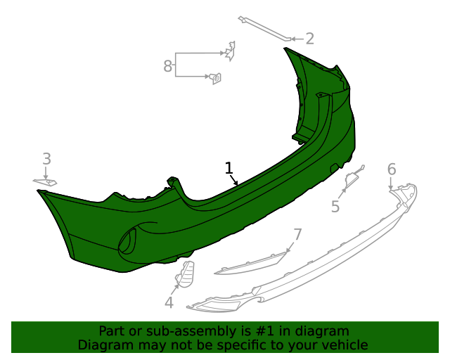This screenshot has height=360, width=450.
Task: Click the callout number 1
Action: (229, 168)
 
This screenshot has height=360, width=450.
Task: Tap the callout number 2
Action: (309, 39)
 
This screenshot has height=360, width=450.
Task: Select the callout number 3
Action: (46, 159)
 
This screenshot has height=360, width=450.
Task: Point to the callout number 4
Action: (169, 302)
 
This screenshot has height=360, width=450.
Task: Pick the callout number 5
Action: (335, 207)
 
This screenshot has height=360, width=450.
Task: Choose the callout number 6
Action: (392, 169)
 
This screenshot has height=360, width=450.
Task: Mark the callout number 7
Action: (297, 234)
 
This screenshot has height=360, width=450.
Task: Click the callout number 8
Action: (167, 66)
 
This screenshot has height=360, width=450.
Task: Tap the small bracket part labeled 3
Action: (45, 182)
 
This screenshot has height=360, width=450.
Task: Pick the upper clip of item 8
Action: (229, 50)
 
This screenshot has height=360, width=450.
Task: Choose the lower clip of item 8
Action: (216, 78)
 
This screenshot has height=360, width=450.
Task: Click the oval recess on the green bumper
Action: (129, 241)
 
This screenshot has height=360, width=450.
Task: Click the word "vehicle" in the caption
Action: (344, 345)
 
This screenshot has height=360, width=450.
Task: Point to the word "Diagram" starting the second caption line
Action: (103, 345)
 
